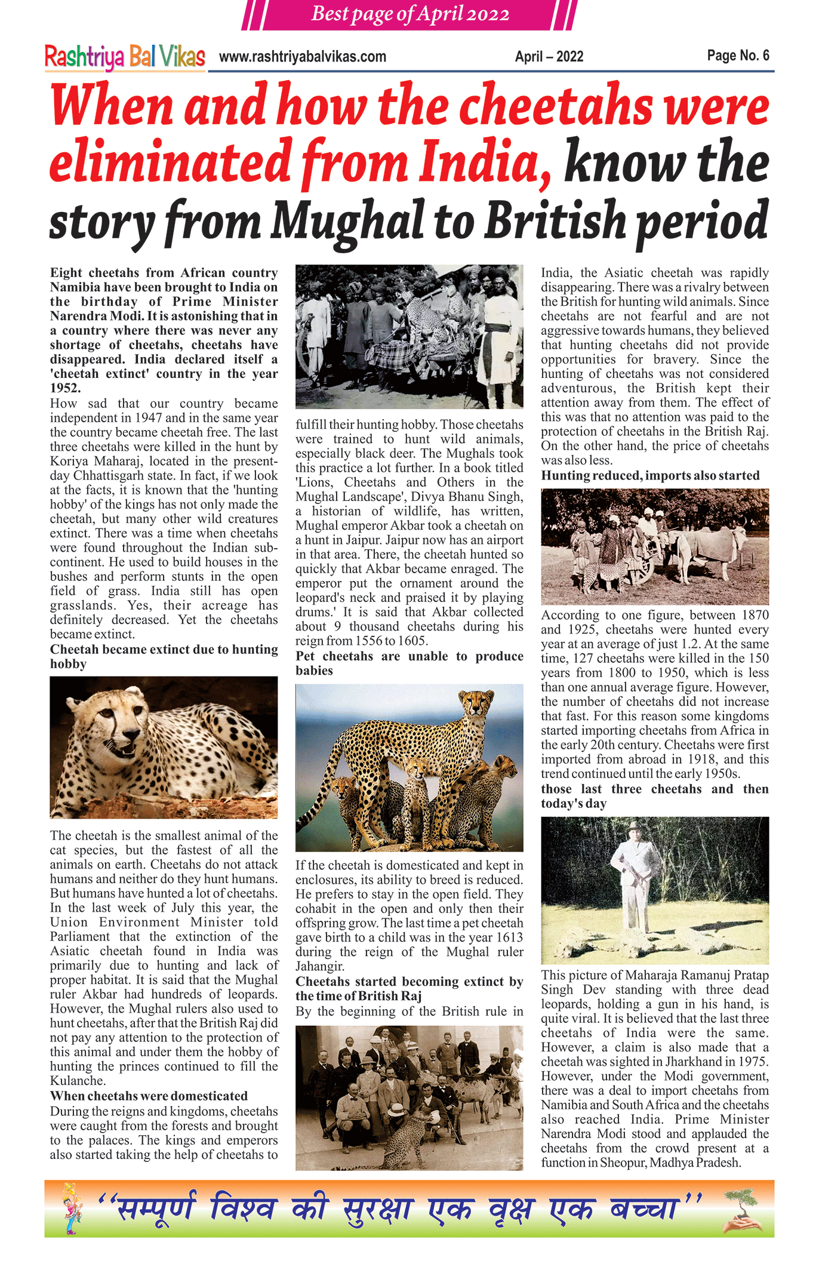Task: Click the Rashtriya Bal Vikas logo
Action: click(x=125, y=57)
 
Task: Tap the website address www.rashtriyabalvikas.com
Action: click(x=303, y=57)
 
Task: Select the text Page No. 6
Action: click(x=738, y=56)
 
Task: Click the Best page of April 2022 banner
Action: click(x=410, y=14)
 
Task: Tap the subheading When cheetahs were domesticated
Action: click(x=149, y=1096)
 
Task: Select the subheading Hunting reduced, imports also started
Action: click(x=650, y=475)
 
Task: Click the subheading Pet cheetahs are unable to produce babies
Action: click(x=409, y=663)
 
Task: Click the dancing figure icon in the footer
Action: click(x=73, y=1208)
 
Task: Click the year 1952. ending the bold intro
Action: click(x=65, y=388)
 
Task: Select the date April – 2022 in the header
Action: click(x=549, y=57)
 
